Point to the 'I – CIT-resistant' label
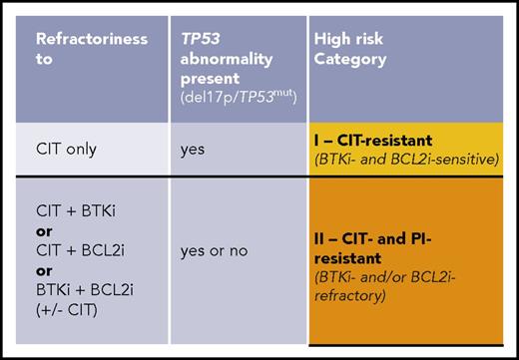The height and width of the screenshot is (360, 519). [x=375, y=140]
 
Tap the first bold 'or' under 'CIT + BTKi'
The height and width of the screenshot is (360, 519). [x=44, y=231]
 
